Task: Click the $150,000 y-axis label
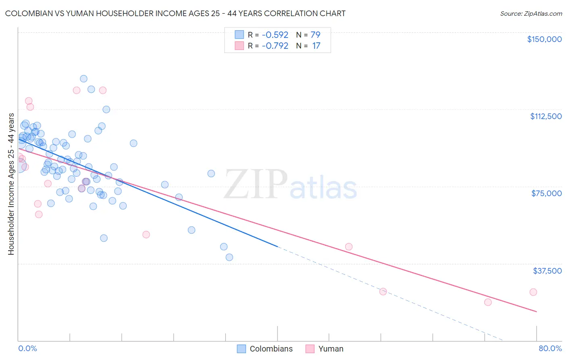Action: (x=544, y=39)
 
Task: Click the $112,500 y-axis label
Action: (x=546, y=116)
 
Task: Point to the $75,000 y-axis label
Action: (x=546, y=193)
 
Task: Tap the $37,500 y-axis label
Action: (x=547, y=271)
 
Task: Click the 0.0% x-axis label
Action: (x=27, y=348)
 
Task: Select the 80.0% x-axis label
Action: (x=550, y=348)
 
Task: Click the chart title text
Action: (x=175, y=13)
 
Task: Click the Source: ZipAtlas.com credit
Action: (x=531, y=13)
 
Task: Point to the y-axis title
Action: (x=11, y=184)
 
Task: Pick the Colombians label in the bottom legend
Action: (x=271, y=349)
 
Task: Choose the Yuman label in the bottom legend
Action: (x=331, y=349)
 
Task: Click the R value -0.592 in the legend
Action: (x=275, y=35)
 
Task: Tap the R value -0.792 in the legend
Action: (x=275, y=46)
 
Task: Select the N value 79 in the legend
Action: (x=315, y=35)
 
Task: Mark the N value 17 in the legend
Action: (x=316, y=46)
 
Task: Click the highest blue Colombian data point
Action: (x=83, y=79)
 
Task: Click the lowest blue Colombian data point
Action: (x=229, y=257)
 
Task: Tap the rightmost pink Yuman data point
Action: (x=533, y=292)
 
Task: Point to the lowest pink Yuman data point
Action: (x=488, y=302)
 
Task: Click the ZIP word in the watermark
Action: (x=255, y=184)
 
